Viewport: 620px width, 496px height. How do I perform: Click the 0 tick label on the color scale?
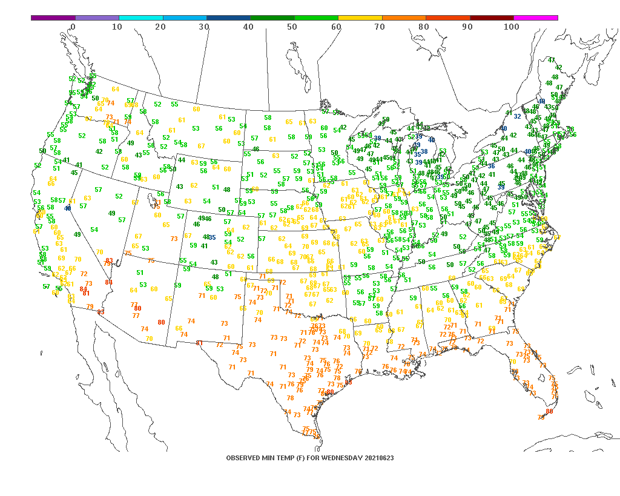point(73,27)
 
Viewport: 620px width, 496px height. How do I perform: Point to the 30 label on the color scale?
point(204,27)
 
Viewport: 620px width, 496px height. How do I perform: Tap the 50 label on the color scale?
point(292,27)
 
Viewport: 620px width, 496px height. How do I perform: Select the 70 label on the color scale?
point(380,27)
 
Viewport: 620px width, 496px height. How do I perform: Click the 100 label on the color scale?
point(511,27)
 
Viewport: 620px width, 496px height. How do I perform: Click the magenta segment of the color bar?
point(536,18)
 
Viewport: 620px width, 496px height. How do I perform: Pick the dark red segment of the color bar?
point(492,18)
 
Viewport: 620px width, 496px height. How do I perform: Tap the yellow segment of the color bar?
point(360,18)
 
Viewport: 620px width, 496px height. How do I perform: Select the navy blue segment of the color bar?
point(228,18)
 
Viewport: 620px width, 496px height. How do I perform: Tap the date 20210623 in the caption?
point(379,458)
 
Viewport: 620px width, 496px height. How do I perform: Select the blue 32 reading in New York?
point(518,116)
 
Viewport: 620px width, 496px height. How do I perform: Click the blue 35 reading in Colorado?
point(213,237)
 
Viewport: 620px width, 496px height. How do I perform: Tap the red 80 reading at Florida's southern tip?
point(549,411)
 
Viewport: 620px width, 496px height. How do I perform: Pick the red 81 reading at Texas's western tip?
point(199,343)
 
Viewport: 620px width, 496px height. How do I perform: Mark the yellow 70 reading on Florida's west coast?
point(512,362)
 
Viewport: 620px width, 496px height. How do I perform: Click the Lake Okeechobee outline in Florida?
point(543,380)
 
